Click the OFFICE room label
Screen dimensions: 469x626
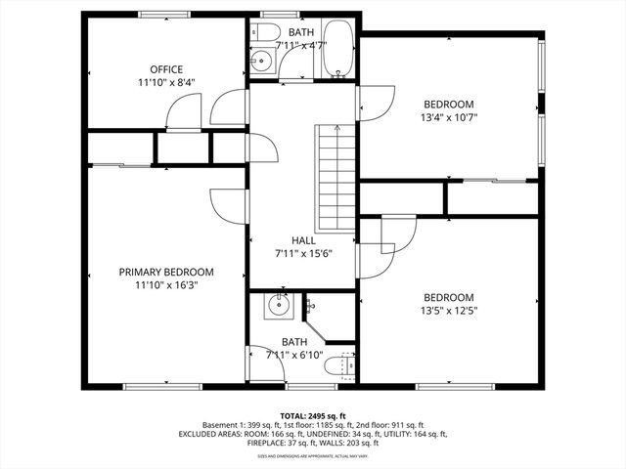pos(165,68)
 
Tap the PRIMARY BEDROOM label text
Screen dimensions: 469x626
pos(165,272)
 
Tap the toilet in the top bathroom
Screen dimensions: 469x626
pos(263,34)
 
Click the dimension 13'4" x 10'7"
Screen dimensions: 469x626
pos(448,117)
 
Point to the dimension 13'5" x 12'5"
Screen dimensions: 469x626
pos(448,312)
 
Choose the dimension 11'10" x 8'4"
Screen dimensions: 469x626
pos(165,82)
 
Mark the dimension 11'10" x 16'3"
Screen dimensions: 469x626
pos(165,285)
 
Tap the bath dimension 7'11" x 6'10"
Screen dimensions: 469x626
pos(293,355)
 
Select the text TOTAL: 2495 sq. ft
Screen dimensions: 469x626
pos(312,415)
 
